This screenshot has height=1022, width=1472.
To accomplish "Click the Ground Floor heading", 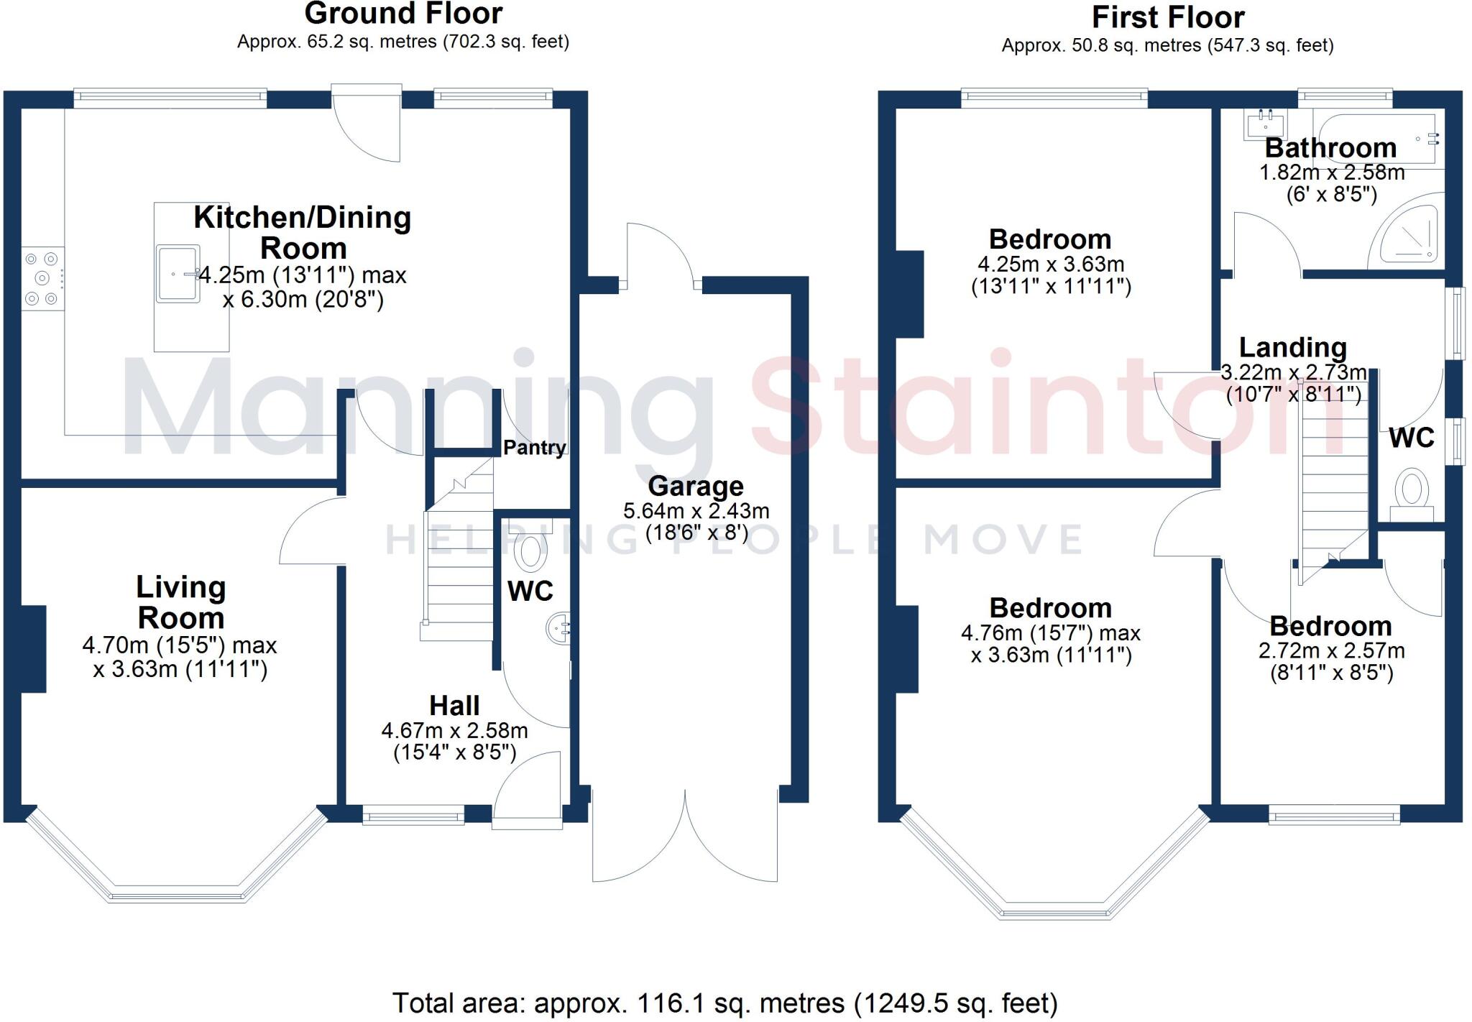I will pyautogui.click(x=403, y=14).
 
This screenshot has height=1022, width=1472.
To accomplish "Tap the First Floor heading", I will pyautogui.click(x=1168, y=17).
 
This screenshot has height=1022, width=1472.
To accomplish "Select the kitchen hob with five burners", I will pyautogui.click(x=42, y=278).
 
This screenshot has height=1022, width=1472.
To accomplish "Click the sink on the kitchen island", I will pyautogui.click(x=178, y=273).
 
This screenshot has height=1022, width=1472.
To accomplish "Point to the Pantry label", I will pyautogui.click(x=534, y=448).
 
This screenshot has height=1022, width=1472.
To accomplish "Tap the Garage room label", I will pyautogui.click(x=695, y=487).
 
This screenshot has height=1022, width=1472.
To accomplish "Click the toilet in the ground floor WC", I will pyautogui.click(x=531, y=553).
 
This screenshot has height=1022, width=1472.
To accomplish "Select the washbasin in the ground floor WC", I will pyautogui.click(x=560, y=630).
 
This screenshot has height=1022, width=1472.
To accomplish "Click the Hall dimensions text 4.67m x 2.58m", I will pyautogui.click(x=454, y=731).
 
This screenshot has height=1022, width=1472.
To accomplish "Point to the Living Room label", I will pyautogui.click(x=180, y=602).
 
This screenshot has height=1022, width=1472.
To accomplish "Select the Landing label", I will pyautogui.click(x=1292, y=348).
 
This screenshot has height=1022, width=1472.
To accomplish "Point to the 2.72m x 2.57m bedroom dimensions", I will pyautogui.click(x=1331, y=651).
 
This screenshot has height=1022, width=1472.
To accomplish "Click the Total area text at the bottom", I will pyautogui.click(x=724, y=1003).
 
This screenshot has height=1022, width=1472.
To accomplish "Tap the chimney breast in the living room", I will pyautogui.click(x=34, y=649).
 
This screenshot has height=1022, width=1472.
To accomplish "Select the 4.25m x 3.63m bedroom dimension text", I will pyautogui.click(x=1051, y=264).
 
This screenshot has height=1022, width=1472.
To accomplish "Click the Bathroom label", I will pyautogui.click(x=1330, y=148).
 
